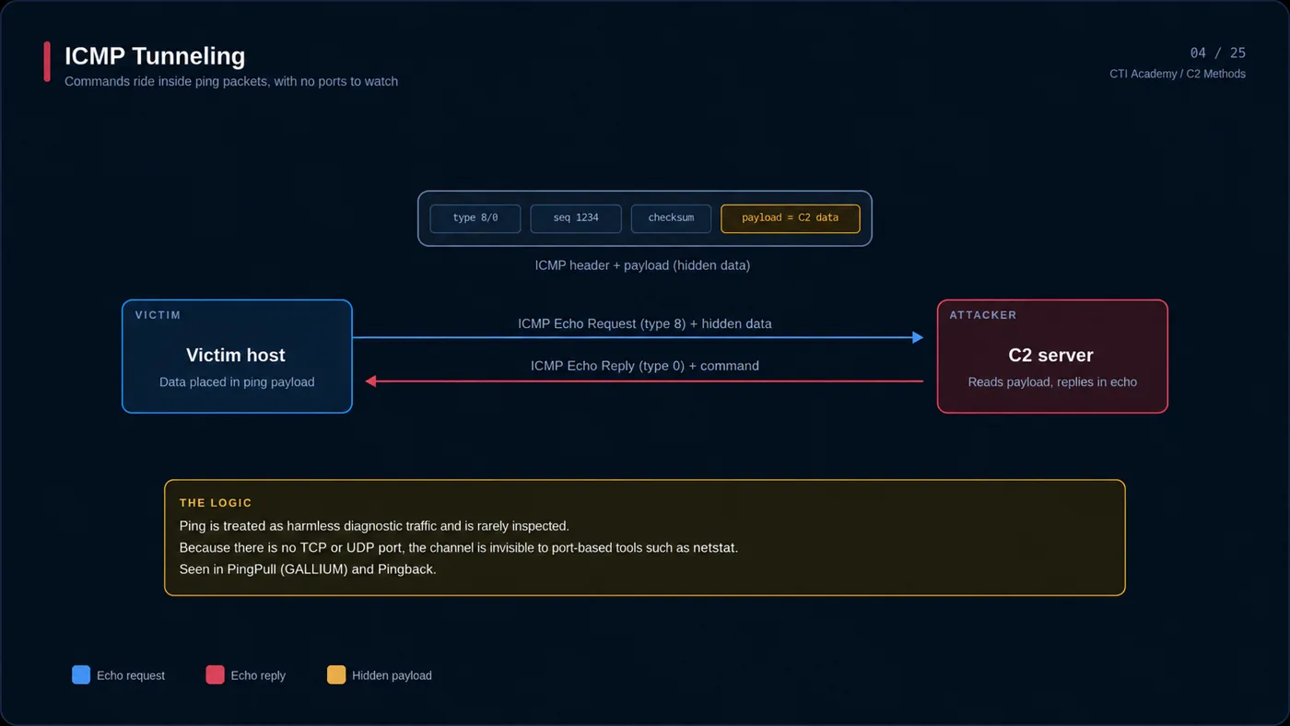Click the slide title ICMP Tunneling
tap(155, 56)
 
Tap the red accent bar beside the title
tap(47, 62)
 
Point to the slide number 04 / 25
tap(1217, 53)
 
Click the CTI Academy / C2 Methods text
tap(1178, 74)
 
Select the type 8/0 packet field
tap(475, 218)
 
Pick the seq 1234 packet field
tap(575, 218)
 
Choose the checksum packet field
tap(671, 218)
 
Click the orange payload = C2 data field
tap(791, 218)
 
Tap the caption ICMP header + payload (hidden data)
tap(642, 265)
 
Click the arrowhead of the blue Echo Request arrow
tap(919, 337)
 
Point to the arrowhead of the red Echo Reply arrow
tap(370, 381)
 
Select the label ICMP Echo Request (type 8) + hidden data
tap(644, 323)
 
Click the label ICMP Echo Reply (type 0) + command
tap(644, 366)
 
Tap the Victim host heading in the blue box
tap(236, 356)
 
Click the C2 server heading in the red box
tap(1050, 356)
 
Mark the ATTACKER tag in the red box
tap(983, 315)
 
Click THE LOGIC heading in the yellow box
tap(216, 503)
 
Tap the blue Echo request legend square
tap(81, 674)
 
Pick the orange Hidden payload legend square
tap(336, 674)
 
